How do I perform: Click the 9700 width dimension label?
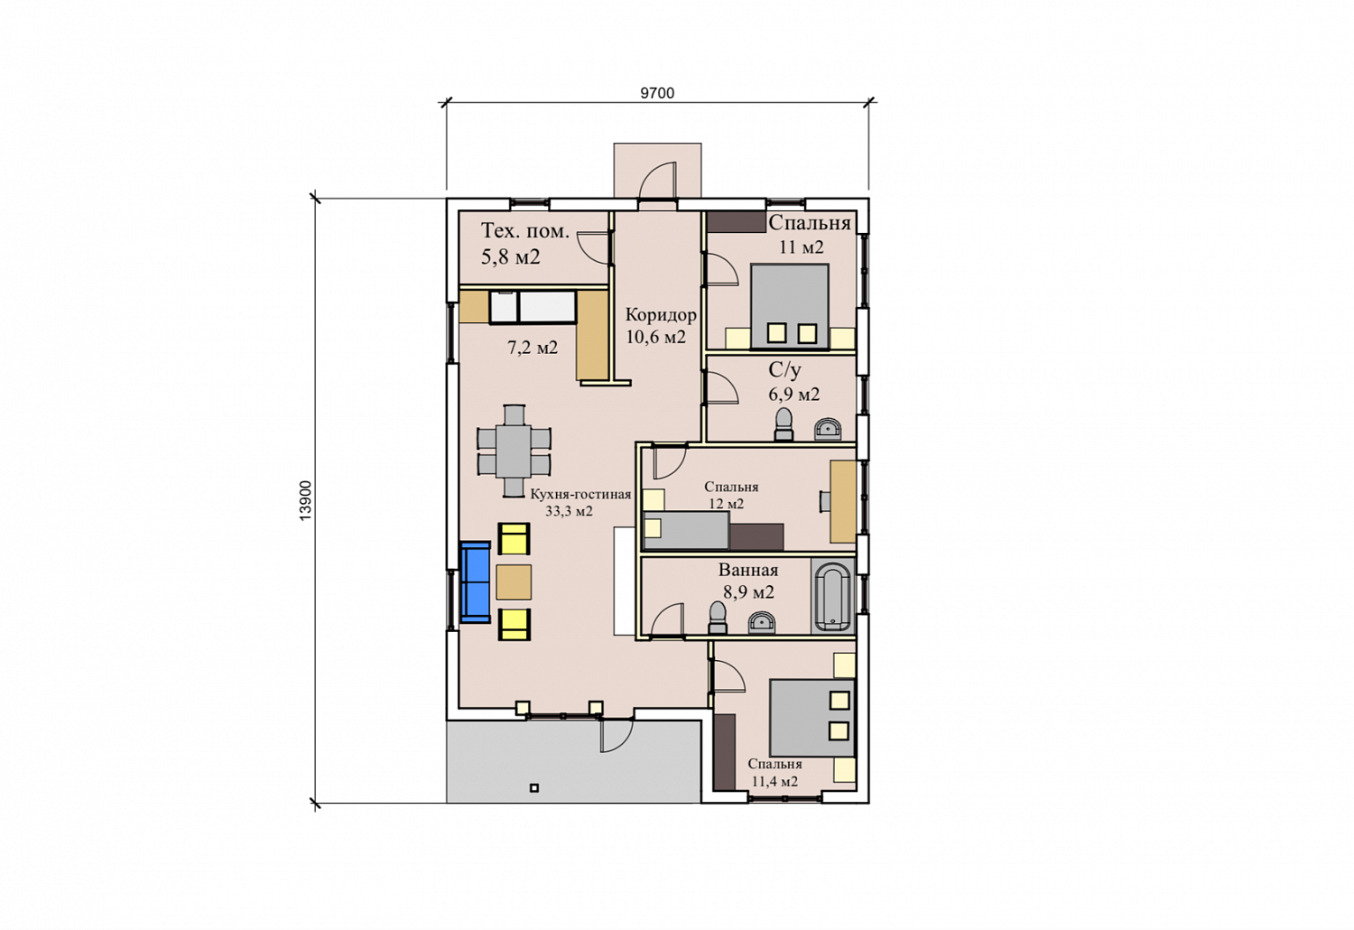pos(657,93)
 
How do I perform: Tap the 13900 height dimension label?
pos(306,500)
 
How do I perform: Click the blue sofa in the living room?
pos(475,581)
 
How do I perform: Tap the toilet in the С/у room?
pos(784,424)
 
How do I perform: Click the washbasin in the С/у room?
pos(828,429)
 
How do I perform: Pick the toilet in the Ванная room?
pos(718,618)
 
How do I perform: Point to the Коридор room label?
pos(661,315)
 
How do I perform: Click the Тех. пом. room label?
pos(525,231)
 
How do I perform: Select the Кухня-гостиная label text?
pos(580,494)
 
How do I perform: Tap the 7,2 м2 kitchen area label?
pos(532,348)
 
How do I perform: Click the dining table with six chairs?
pos(514,451)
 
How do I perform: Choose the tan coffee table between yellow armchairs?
pos(514,582)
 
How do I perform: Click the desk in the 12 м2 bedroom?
pos(842,501)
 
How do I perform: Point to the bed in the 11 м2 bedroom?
pos(790,306)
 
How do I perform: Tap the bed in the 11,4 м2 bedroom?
pos(811,718)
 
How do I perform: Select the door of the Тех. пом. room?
pos(592,248)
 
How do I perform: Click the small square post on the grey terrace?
pos(533,788)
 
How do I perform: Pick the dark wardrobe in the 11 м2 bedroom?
pos(737,222)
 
